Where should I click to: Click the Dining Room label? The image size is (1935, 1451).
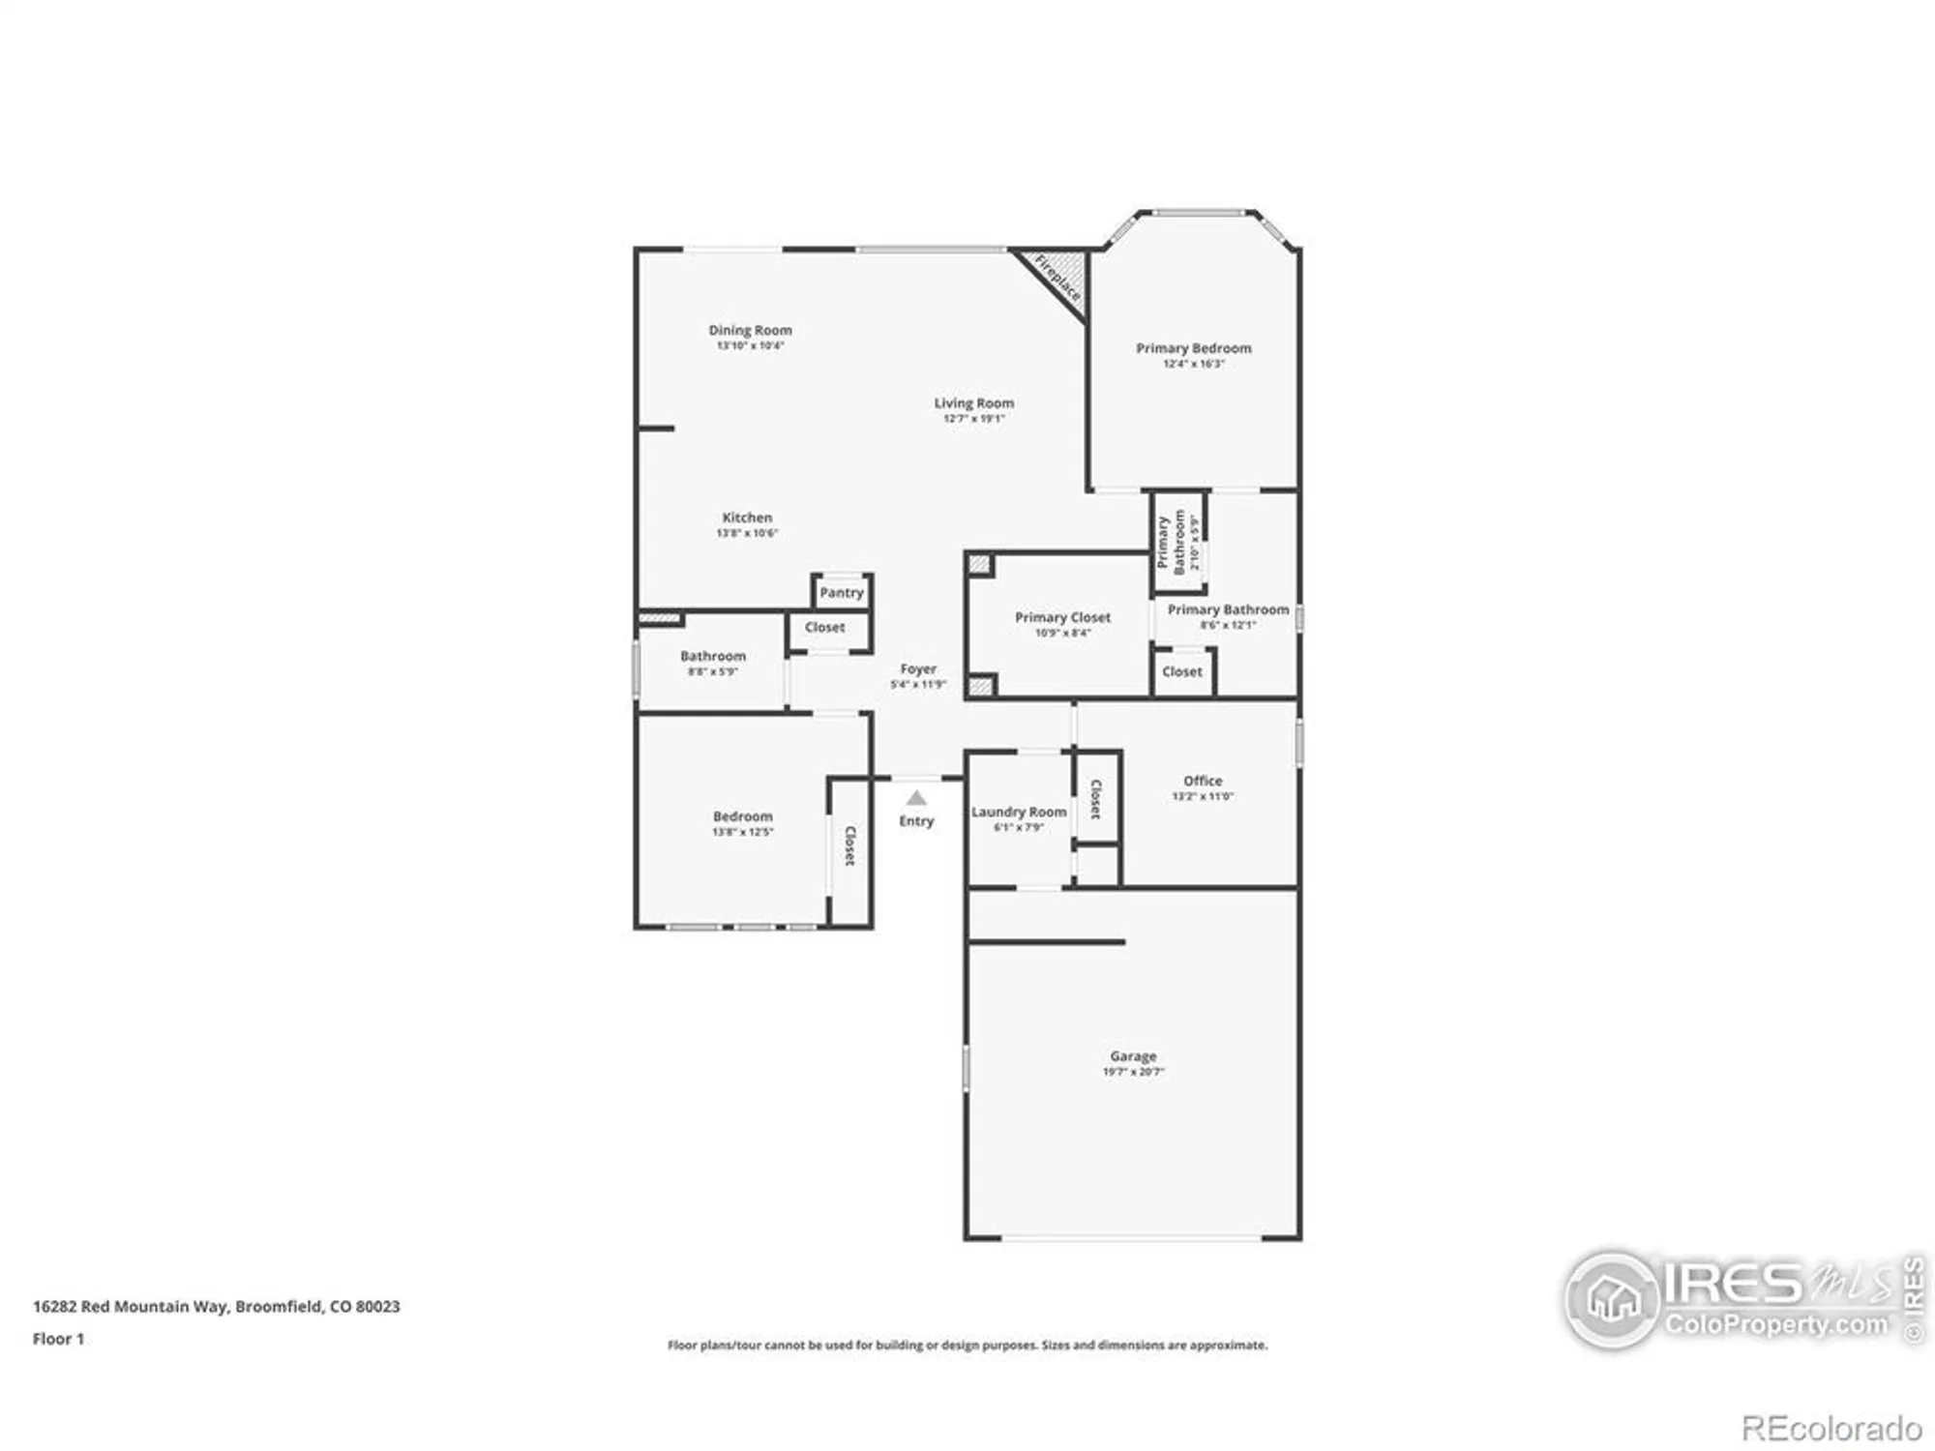750,330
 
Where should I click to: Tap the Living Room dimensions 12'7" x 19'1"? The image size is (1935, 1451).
973,419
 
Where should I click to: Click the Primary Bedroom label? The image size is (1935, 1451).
1193,348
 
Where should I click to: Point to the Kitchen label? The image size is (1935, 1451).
747,518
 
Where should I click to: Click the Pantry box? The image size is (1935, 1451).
841,592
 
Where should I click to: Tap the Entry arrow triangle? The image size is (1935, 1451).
916,798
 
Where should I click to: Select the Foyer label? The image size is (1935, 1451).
918,668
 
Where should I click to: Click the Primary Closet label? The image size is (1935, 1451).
1062,617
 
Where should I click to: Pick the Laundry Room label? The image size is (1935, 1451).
1019,812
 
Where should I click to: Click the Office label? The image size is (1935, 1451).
1203,781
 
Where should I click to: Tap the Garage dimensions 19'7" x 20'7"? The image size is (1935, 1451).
1133,1072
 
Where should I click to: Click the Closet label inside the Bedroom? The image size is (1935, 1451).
849,845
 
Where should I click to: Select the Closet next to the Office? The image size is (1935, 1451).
1096,799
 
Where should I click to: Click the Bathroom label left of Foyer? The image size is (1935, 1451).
713,656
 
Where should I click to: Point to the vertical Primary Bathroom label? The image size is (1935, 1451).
1171,542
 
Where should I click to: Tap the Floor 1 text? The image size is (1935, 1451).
58,1339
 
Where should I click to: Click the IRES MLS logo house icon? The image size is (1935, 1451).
1613,1299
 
